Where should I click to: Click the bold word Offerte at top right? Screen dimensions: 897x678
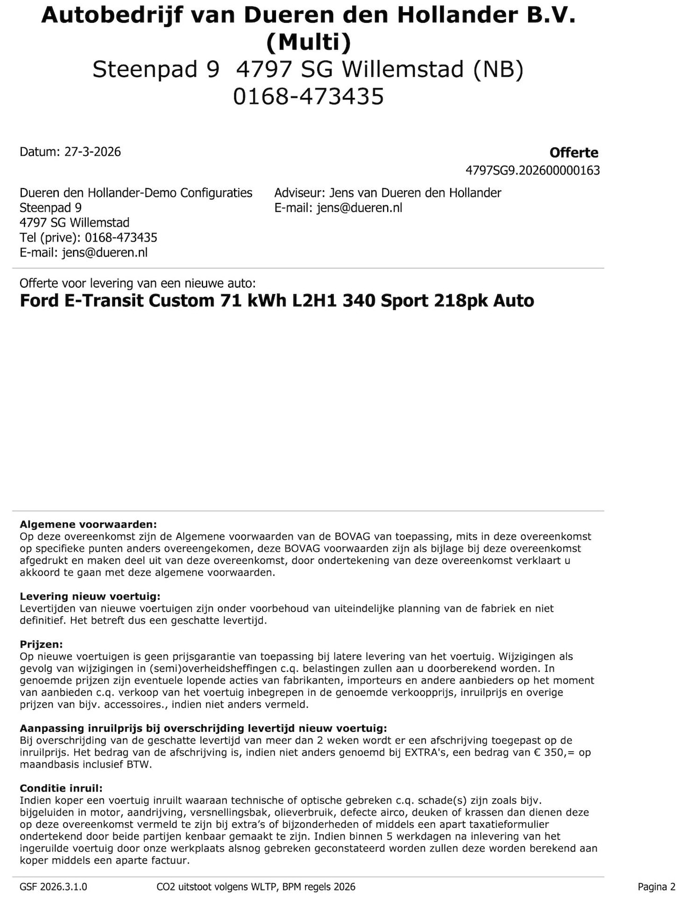574,153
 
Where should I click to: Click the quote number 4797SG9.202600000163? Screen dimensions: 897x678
532,170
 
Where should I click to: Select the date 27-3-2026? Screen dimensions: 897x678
92,152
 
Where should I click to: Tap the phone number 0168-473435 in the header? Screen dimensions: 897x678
308,96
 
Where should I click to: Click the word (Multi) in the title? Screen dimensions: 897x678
308,42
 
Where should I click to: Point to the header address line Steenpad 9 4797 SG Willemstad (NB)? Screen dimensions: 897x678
308,69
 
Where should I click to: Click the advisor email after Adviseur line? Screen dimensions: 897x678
359,208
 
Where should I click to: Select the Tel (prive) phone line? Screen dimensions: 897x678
88,237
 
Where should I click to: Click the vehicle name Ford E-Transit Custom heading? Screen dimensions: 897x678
276,300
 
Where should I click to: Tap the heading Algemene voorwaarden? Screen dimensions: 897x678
88,525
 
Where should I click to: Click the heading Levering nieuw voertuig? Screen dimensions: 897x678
90,597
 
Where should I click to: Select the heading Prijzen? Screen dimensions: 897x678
41,644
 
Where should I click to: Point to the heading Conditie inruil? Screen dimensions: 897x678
61,788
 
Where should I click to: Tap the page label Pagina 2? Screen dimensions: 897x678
656,887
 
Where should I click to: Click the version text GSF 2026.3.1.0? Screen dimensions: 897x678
53,887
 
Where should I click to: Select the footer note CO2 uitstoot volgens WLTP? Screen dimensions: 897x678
256,887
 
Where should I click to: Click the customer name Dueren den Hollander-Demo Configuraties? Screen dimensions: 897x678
136,193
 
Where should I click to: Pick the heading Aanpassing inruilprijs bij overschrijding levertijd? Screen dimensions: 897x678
203,728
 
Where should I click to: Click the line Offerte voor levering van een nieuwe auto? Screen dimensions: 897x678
138,283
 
